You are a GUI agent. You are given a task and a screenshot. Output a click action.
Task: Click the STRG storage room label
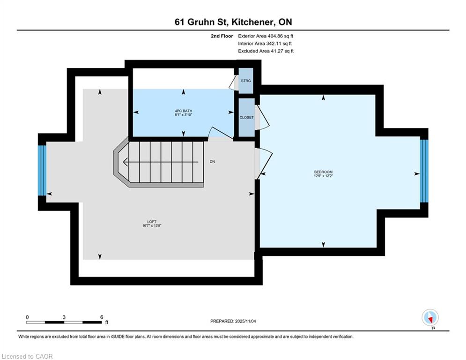click(246, 81)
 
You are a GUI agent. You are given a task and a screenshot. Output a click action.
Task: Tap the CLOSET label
click(247, 118)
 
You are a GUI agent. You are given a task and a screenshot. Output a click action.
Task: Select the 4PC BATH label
click(184, 111)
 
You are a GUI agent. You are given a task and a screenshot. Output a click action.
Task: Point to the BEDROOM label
click(323, 172)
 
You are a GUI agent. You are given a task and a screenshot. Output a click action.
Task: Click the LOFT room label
click(152, 222)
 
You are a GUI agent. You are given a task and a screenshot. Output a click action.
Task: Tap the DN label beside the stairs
click(212, 162)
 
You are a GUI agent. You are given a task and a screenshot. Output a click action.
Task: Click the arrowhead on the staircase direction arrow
click(126, 162)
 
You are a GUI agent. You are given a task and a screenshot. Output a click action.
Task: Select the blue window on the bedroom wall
click(424, 171)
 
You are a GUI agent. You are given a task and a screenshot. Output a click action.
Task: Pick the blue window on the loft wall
click(42, 170)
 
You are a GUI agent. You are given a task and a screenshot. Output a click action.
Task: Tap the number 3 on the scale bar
click(64, 317)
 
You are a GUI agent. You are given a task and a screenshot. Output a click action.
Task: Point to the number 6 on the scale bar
click(101, 317)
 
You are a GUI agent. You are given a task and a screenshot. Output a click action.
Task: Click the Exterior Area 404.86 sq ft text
click(266, 36)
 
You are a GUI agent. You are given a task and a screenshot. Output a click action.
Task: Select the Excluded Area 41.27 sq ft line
click(266, 51)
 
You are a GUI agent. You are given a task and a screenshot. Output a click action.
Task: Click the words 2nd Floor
click(222, 36)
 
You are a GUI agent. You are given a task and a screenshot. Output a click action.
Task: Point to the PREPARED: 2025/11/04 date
click(233, 321)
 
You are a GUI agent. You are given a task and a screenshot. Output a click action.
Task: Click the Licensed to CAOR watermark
click(27, 356)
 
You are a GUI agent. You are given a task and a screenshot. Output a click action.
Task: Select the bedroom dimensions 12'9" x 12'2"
click(323, 176)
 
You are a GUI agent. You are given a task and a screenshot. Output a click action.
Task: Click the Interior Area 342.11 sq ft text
click(265, 44)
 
